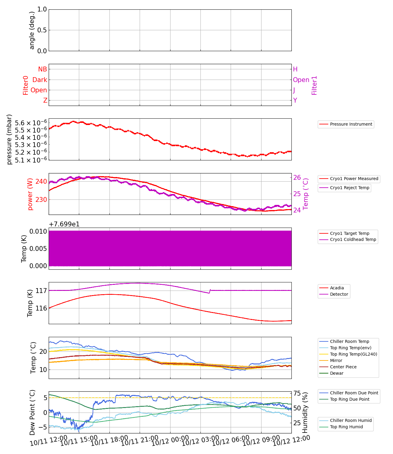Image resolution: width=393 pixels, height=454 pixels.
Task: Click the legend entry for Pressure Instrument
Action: coord(351,124)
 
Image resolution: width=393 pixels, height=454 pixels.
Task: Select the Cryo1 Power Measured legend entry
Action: coord(354,179)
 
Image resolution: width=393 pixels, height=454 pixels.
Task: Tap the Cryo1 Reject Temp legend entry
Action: coord(349,188)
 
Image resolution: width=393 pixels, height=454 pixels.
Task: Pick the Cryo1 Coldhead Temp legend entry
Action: coord(353,240)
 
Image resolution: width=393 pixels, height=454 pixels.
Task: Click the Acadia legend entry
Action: coord(337,288)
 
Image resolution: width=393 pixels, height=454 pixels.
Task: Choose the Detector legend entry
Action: coord(339,294)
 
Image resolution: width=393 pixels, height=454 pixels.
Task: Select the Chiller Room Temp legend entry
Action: coord(349,342)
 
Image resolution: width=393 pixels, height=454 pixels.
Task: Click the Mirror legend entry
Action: coord(336,361)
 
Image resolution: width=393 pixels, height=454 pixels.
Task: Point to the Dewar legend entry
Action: coord(336,373)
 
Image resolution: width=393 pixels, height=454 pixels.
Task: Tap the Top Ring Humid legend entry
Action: coord(346,427)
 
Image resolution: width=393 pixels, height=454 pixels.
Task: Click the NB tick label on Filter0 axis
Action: coord(43,69)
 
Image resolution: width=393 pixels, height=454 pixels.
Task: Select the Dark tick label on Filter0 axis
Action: coord(40,80)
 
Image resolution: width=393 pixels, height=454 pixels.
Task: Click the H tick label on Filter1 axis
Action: coord(295,69)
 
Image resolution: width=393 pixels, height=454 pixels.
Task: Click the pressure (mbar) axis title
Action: coord(9,139)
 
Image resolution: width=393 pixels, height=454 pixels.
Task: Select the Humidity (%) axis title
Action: coord(305,412)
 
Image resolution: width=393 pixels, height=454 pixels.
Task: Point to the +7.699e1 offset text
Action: coord(64,224)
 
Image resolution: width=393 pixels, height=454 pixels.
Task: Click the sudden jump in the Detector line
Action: coord(210,291)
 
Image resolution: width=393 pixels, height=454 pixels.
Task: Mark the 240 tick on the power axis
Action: coord(41,182)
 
